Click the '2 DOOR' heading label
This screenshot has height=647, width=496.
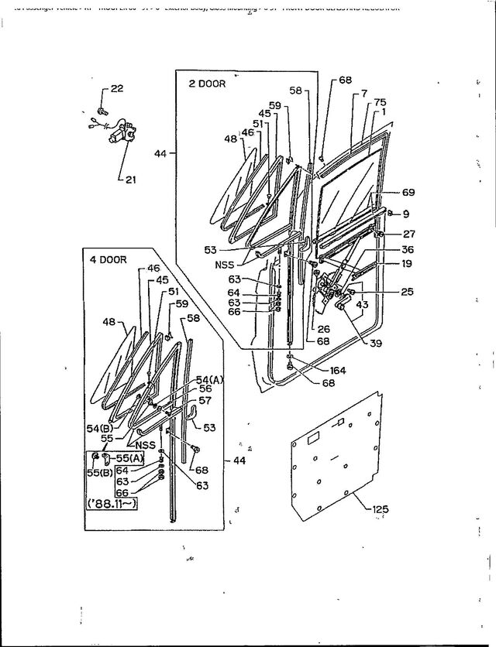208,84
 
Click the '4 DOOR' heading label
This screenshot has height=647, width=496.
108,259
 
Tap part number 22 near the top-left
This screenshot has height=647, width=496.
117,89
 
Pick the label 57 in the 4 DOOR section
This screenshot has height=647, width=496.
205,401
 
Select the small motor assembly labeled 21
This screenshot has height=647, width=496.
121,135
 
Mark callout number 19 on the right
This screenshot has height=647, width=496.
406,265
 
